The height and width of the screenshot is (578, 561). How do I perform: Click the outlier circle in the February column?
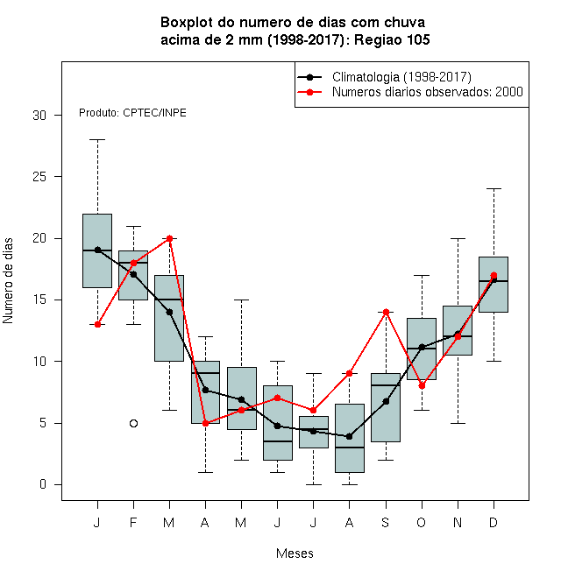point(133,423)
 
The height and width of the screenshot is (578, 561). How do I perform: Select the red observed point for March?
point(169,238)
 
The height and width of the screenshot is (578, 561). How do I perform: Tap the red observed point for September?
point(386,313)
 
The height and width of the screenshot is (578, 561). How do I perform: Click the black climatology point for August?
point(349,436)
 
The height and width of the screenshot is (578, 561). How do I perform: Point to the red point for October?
point(422,386)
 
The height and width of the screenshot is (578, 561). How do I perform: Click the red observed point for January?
point(97,324)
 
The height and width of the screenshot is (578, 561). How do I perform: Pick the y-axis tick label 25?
point(39,177)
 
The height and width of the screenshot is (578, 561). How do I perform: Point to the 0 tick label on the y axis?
point(43,484)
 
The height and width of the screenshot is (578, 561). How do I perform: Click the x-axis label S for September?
point(386,522)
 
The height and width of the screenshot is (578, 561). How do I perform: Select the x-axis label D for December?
point(494,522)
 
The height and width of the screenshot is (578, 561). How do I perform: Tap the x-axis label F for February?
point(133,522)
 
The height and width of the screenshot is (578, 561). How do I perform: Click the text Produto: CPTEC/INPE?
point(132,113)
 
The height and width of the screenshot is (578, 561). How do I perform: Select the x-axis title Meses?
point(295,553)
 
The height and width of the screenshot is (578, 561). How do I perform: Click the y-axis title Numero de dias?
point(8,281)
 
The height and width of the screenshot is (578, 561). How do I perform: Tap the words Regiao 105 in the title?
point(392,39)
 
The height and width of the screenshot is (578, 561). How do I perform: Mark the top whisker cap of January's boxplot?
point(97,140)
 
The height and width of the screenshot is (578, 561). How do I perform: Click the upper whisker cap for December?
point(494,189)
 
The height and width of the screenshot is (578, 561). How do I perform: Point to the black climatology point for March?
point(169,313)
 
